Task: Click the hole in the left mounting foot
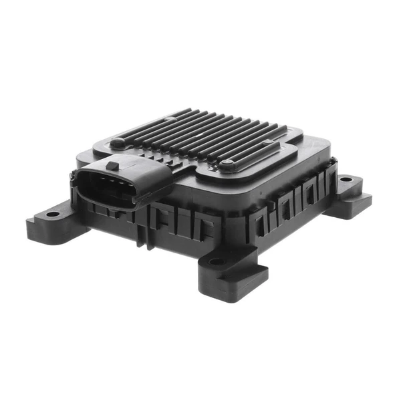pyautogui.click(x=52, y=214)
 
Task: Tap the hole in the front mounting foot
pyautogui.click(x=217, y=261)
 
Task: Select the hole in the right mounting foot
pyautogui.click(x=346, y=180)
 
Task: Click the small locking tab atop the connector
pyautogui.click(x=112, y=165)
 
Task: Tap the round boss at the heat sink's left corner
pyautogui.click(x=118, y=142)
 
